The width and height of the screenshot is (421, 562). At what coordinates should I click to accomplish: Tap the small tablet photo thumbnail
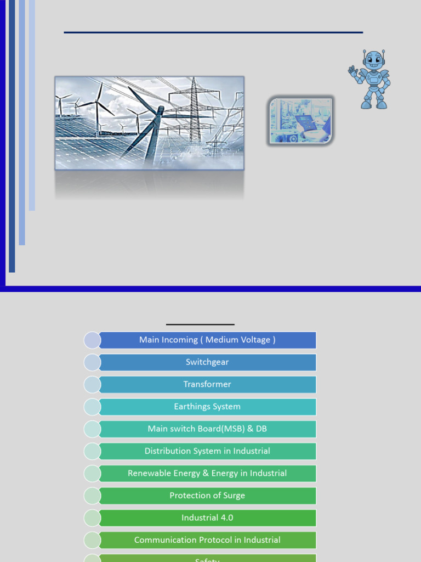click(300, 121)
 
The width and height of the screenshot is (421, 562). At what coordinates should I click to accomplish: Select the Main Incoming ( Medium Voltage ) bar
click(207, 340)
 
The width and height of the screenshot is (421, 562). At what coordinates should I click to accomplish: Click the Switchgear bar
click(207, 362)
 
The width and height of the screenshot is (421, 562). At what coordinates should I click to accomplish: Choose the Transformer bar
click(207, 384)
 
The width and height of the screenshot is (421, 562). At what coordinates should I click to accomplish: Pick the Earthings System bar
click(207, 407)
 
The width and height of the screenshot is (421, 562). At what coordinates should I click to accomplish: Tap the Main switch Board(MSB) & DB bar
click(207, 429)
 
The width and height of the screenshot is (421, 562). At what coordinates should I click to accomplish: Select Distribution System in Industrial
click(207, 451)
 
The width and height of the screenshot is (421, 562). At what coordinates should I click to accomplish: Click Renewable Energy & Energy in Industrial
click(207, 473)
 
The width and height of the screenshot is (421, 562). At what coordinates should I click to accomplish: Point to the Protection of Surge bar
click(207, 496)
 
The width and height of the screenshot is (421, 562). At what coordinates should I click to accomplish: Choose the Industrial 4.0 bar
click(207, 518)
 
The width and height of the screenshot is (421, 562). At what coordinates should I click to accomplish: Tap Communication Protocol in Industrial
click(207, 540)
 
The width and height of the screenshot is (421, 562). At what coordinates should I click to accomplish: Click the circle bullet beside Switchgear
click(92, 362)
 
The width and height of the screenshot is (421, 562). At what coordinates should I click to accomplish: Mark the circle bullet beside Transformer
click(92, 384)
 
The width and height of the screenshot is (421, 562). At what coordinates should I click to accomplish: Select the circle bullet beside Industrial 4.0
click(92, 518)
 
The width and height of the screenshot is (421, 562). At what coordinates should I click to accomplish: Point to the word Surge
click(233, 496)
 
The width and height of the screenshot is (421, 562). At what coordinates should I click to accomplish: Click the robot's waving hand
click(353, 70)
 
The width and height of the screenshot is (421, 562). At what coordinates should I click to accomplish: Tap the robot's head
click(373, 60)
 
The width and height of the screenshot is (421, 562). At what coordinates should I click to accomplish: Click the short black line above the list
click(200, 324)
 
